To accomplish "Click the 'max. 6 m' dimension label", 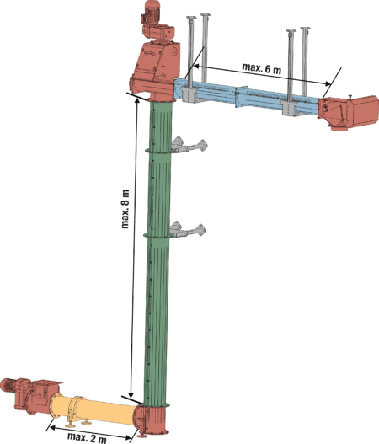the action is pyautogui.click(x=262, y=68).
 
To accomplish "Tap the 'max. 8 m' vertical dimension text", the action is pyautogui.click(x=125, y=209).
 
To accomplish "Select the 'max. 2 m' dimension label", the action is pyautogui.click(x=87, y=438).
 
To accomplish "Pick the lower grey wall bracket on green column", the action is pyautogui.click(x=188, y=230).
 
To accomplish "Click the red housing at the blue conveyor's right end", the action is pyautogui.click(x=349, y=112).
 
